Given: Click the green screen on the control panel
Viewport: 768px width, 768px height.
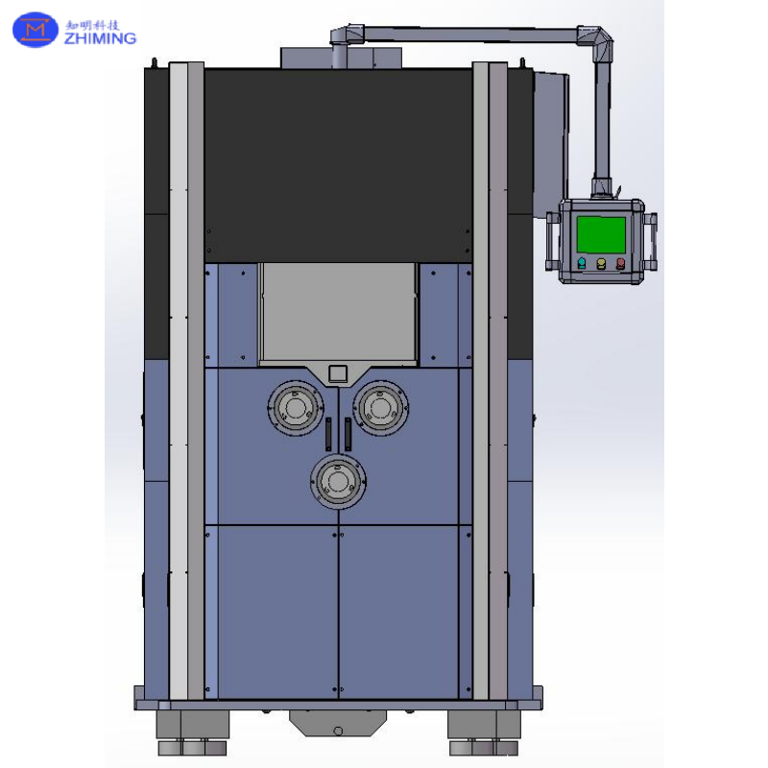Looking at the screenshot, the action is tap(601, 234).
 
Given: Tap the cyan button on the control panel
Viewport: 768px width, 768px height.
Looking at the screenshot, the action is tap(582, 263).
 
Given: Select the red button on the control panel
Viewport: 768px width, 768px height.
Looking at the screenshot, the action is tap(620, 263).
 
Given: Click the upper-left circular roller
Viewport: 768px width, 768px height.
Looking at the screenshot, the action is tap(296, 407).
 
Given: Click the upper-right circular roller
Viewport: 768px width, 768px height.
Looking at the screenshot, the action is tap(380, 407).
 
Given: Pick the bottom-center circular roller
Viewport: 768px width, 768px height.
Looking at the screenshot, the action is tap(338, 482).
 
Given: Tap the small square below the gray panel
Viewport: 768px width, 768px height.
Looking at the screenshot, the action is tap(338, 373).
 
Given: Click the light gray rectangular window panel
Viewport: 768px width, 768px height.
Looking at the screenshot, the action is tap(338, 314).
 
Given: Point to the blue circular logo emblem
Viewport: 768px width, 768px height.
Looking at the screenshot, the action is tap(36, 30).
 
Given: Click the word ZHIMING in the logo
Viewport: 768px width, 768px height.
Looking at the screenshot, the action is tap(100, 38).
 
